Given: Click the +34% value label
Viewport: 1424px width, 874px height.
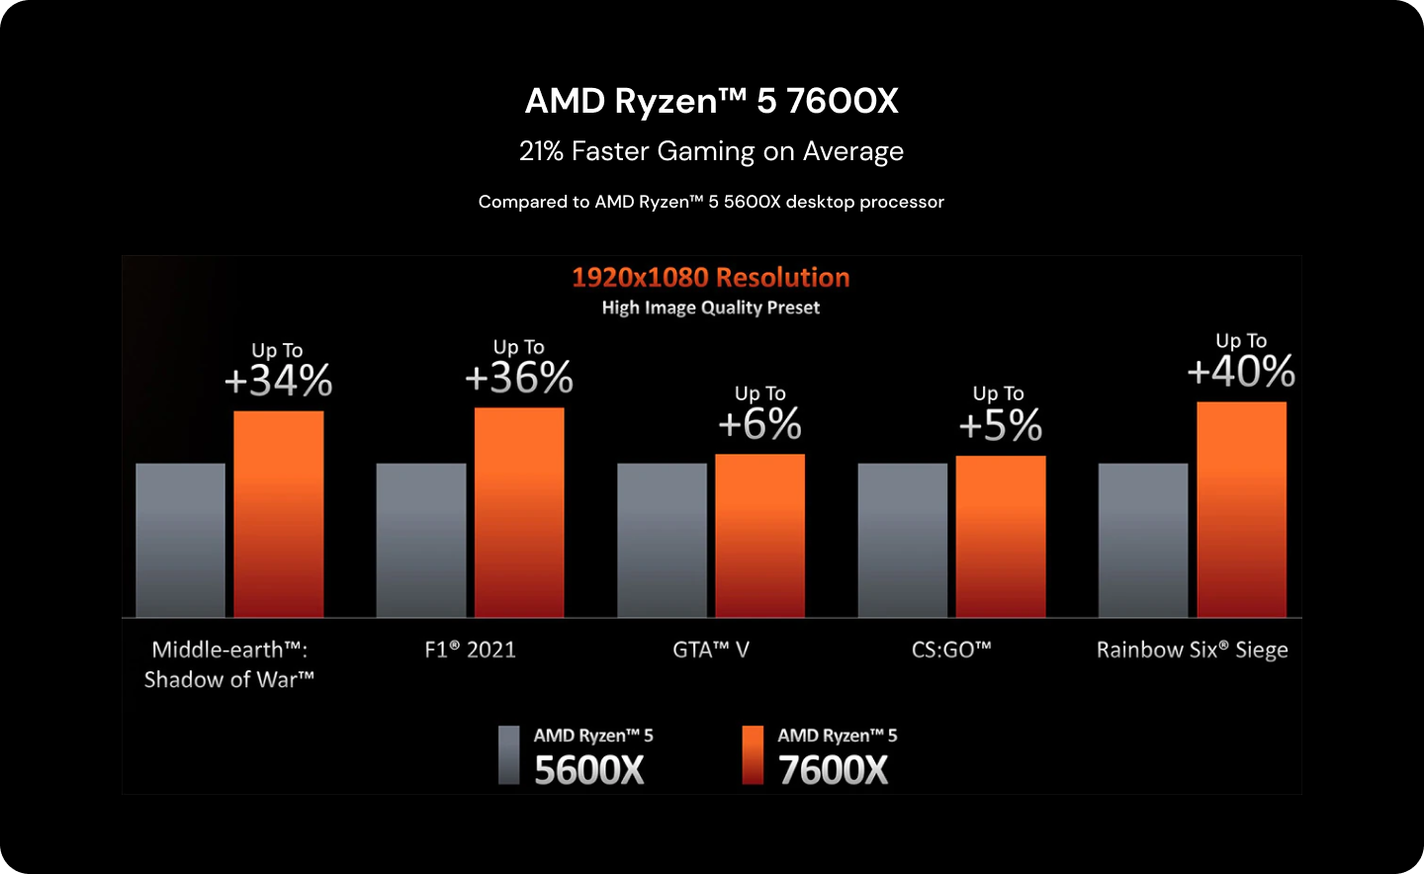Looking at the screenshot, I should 278,381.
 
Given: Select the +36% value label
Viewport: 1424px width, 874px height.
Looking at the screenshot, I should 519,378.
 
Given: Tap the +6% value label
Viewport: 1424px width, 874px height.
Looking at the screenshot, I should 759,424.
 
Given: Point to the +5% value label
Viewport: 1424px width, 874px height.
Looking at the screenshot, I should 1000,425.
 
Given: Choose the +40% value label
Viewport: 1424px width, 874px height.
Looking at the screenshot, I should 1241,372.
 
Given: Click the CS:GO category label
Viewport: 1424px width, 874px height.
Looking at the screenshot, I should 951,650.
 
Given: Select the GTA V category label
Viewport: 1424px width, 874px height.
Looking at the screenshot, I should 711,650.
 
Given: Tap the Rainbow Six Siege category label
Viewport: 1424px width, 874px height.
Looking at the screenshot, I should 1192,650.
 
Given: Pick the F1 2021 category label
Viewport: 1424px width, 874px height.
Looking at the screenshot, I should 470,650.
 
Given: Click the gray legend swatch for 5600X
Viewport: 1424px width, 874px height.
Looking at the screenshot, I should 508,755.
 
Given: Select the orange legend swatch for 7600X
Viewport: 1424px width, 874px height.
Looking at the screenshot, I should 753,755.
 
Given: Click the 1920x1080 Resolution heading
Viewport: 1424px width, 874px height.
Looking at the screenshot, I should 710,277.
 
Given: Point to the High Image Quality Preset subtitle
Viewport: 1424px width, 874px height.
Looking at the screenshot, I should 710,307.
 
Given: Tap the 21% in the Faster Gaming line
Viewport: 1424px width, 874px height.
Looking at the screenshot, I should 541,151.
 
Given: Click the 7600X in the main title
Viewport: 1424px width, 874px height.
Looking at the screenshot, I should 842,101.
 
